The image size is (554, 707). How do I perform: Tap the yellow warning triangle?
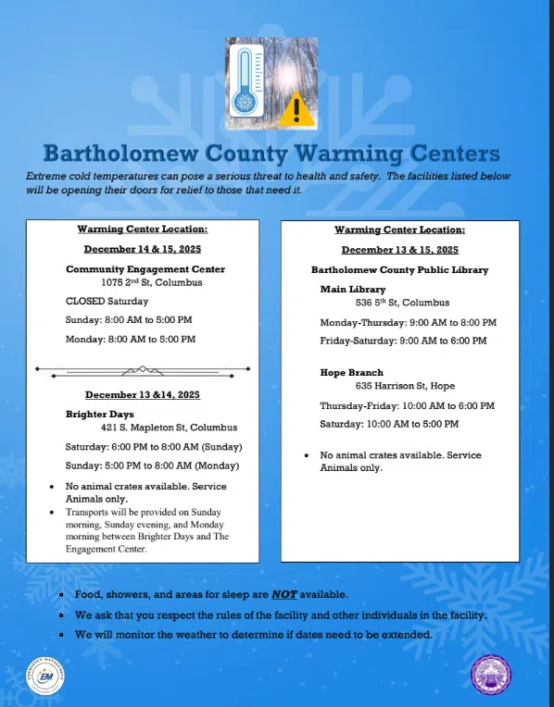[x=296, y=109]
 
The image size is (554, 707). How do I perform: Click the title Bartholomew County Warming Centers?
[x=271, y=153]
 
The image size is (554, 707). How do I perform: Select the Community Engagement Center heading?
[x=145, y=269]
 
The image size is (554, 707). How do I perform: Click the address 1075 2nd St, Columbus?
[x=147, y=281]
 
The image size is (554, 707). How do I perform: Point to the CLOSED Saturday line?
[x=107, y=301]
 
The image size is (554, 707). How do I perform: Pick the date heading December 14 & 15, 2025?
[x=143, y=249]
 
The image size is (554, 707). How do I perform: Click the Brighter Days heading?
[x=100, y=414]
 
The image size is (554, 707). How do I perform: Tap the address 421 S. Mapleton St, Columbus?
[x=169, y=428]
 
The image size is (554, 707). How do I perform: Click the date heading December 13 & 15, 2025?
[x=399, y=250]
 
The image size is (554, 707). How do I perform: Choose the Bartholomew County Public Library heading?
[x=399, y=270]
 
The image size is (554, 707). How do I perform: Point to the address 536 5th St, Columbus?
[x=402, y=303]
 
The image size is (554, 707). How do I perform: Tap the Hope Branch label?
[x=352, y=372]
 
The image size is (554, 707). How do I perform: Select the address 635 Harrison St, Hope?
[x=405, y=386]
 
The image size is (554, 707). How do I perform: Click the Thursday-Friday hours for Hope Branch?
[x=407, y=406]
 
